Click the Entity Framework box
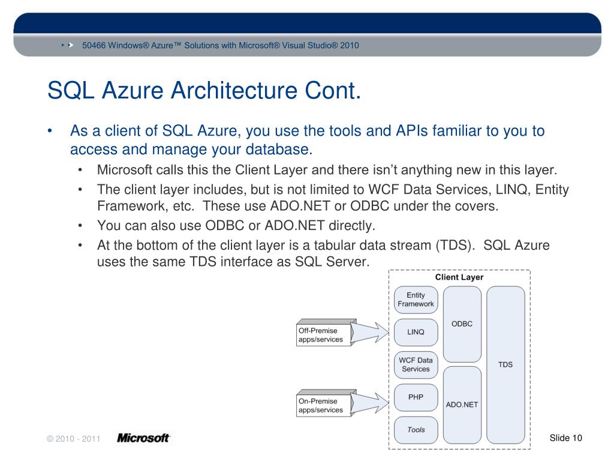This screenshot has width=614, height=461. click(416, 300)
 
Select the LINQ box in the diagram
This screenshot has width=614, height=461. click(416, 332)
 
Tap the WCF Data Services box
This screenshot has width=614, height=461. click(416, 365)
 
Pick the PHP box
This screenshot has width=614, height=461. click(416, 397)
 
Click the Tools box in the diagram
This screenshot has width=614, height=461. click(416, 430)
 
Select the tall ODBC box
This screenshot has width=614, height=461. click(462, 324)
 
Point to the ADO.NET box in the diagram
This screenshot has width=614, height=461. click(462, 404)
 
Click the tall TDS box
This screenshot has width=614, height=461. click(505, 364)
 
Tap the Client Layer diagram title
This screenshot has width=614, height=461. click(459, 278)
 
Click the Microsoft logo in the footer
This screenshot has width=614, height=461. click(143, 438)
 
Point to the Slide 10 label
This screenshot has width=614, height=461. click(565, 438)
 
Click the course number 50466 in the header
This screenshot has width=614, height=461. click(94, 46)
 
